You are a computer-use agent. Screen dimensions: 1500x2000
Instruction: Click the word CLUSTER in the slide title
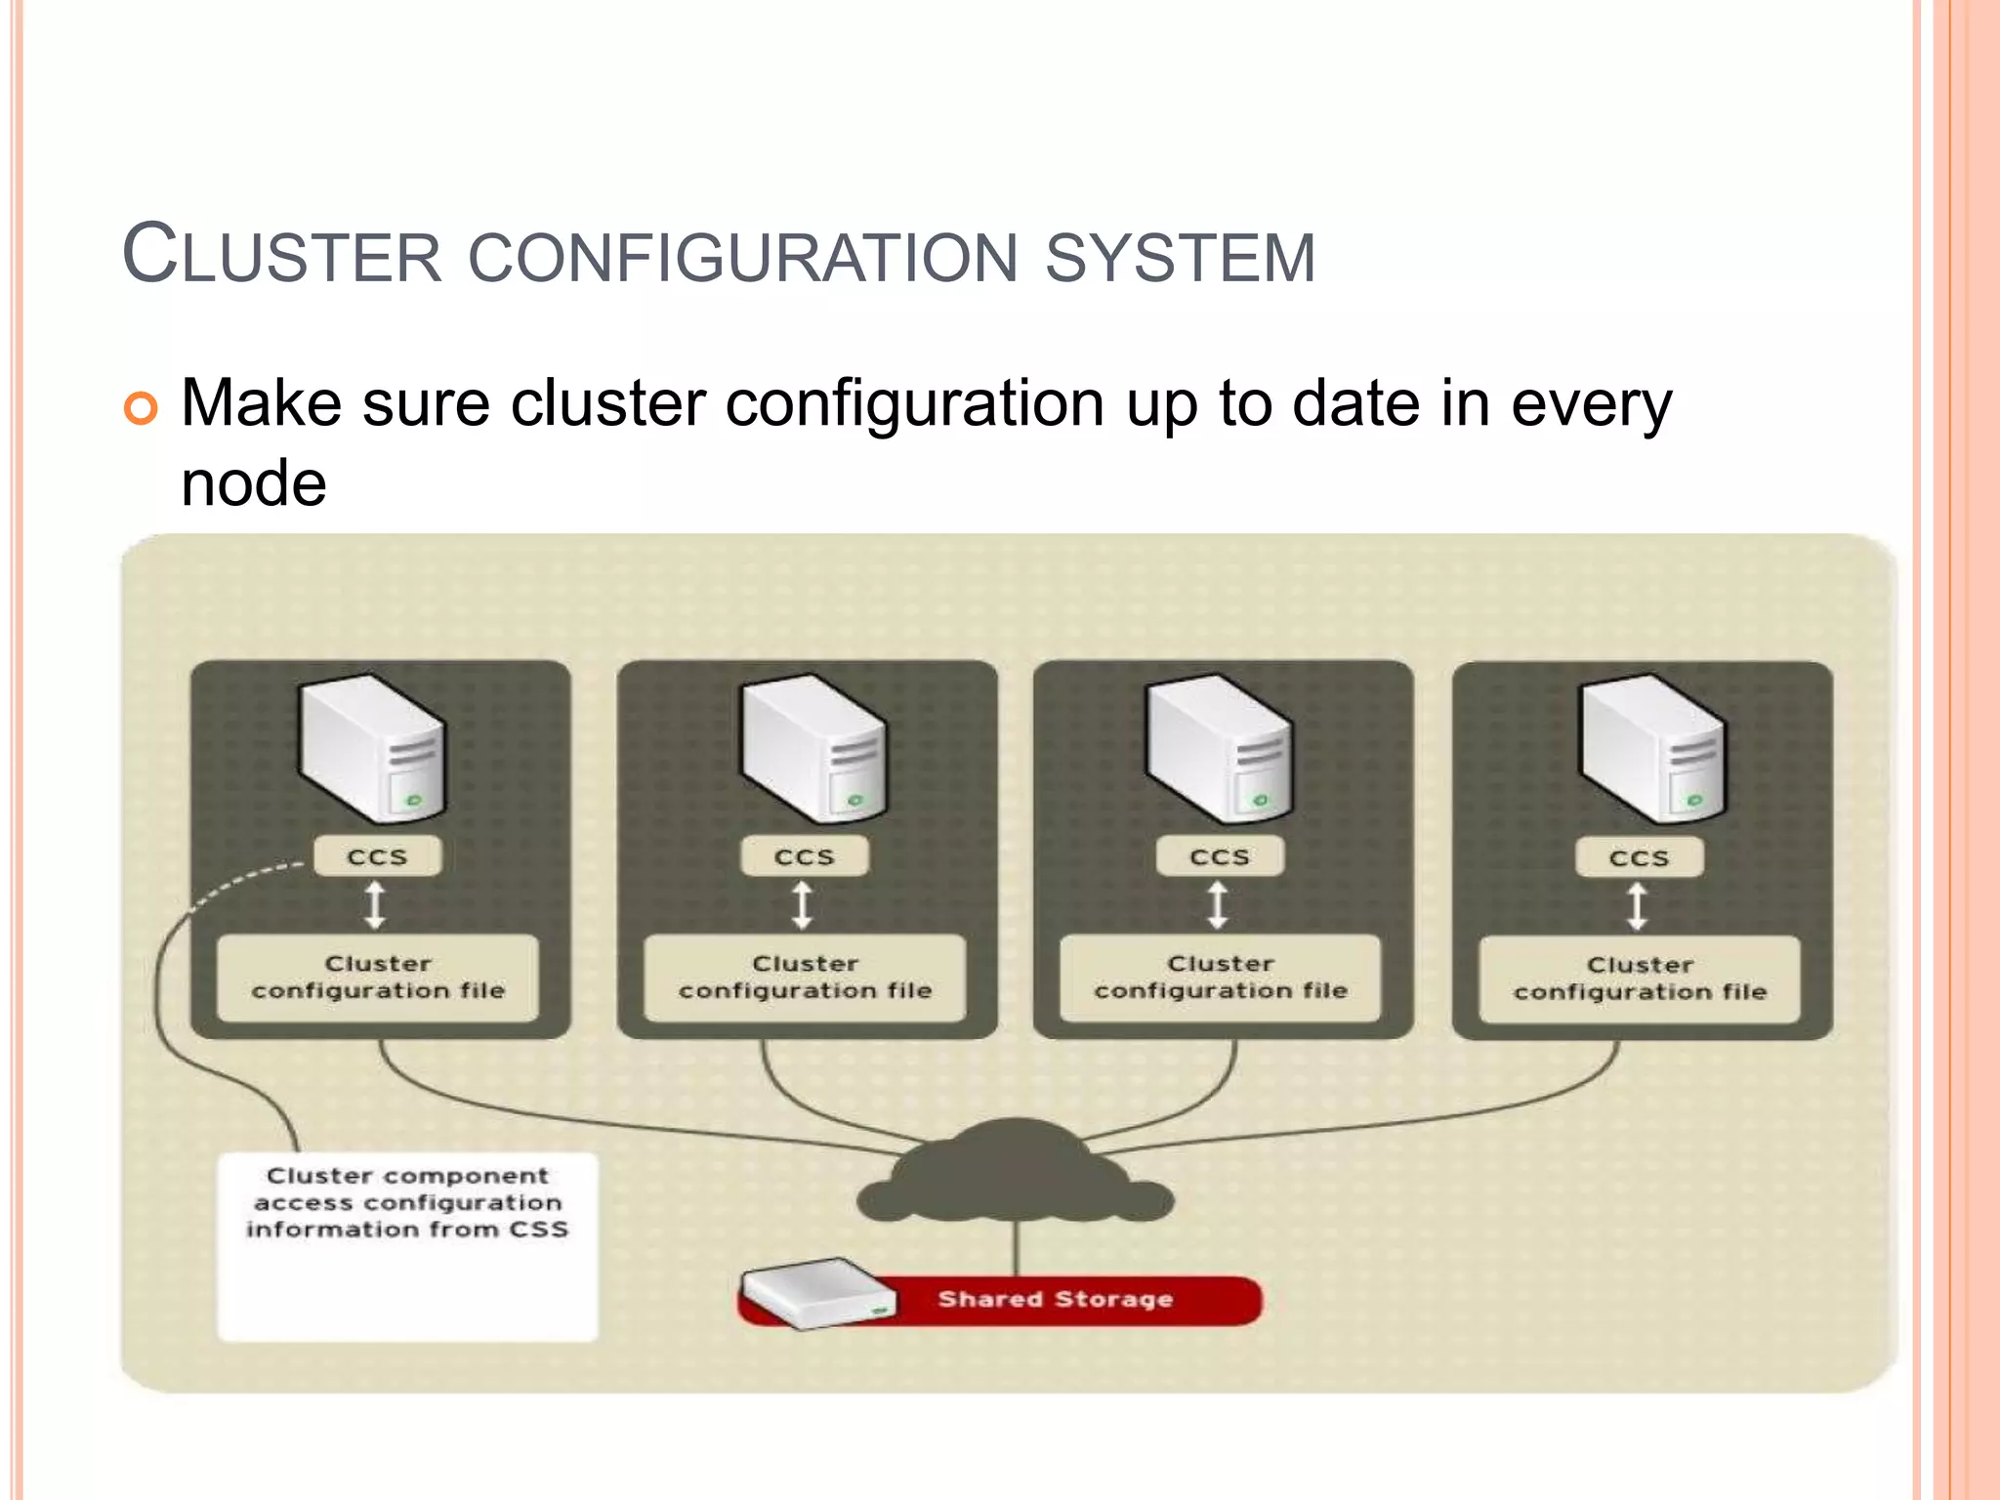pyautogui.click(x=283, y=256)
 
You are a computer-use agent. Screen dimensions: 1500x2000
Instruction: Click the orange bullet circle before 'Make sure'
pyautogui.click(x=141, y=407)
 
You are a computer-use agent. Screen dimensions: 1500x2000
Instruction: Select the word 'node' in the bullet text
pyautogui.click(x=254, y=483)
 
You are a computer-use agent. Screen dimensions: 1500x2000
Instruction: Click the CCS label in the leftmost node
pyautogui.click(x=377, y=856)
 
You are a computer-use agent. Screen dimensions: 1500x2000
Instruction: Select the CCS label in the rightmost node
pyautogui.click(x=1640, y=857)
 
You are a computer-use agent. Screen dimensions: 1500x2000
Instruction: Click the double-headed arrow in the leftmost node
pyautogui.click(x=375, y=905)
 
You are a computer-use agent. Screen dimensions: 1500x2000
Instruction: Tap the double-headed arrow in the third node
pyautogui.click(x=1218, y=905)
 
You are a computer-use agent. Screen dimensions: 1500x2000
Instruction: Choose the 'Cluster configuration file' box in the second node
pyautogui.click(x=806, y=978)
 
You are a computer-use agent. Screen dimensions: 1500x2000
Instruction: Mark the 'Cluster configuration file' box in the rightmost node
pyautogui.click(x=1640, y=979)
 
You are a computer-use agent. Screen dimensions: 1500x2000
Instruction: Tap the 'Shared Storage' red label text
pyautogui.click(x=1055, y=1299)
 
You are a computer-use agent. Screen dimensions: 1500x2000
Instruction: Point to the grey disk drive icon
pyautogui.click(x=818, y=1293)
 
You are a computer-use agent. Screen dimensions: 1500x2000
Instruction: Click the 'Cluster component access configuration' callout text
pyautogui.click(x=407, y=1202)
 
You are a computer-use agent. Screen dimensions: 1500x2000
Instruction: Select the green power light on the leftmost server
pyautogui.click(x=414, y=801)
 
